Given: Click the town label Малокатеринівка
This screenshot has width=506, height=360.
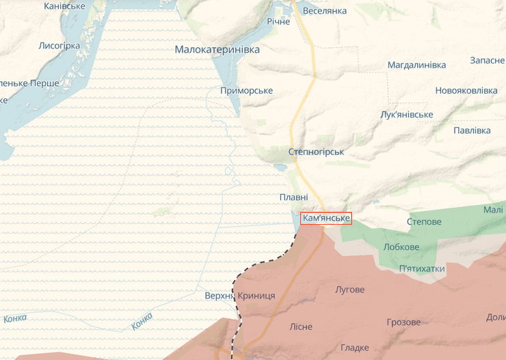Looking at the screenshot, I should click(x=217, y=49).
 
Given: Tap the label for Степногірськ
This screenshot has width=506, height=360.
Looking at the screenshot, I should click(x=316, y=152).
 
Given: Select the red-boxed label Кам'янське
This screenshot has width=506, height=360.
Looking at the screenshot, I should click(x=326, y=219).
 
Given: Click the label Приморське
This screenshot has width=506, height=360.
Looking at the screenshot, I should click(x=247, y=91).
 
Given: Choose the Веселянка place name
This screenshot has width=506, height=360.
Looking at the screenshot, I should click(x=324, y=11).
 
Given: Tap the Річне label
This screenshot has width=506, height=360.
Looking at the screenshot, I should click(x=278, y=22).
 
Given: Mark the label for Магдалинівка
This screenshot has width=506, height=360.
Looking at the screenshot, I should click(x=416, y=65).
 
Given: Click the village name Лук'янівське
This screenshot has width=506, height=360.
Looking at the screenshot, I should click(x=407, y=114).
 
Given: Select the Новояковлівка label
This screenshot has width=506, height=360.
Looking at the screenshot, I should click(x=466, y=91).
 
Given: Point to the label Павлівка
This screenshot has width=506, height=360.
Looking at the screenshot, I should click(x=472, y=130).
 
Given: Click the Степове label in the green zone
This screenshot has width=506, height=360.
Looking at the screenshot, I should click(x=424, y=222).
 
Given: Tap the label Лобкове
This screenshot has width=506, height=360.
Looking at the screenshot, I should click(x=401, y=247).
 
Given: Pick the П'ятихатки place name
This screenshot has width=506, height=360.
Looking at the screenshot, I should click(x=422, y=268).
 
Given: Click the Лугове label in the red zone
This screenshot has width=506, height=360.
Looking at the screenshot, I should click(x=349, y=290).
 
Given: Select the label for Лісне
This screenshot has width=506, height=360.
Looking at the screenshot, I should click(x=301, y=327).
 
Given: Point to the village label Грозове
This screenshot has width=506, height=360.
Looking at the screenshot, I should click(x=403, y=322).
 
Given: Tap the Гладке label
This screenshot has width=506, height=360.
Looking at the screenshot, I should click(x=354, y=348).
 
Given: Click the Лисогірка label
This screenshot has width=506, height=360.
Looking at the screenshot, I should click(x=59, y=46).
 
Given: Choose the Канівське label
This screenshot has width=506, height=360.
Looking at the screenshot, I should click(x=64, y=6).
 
